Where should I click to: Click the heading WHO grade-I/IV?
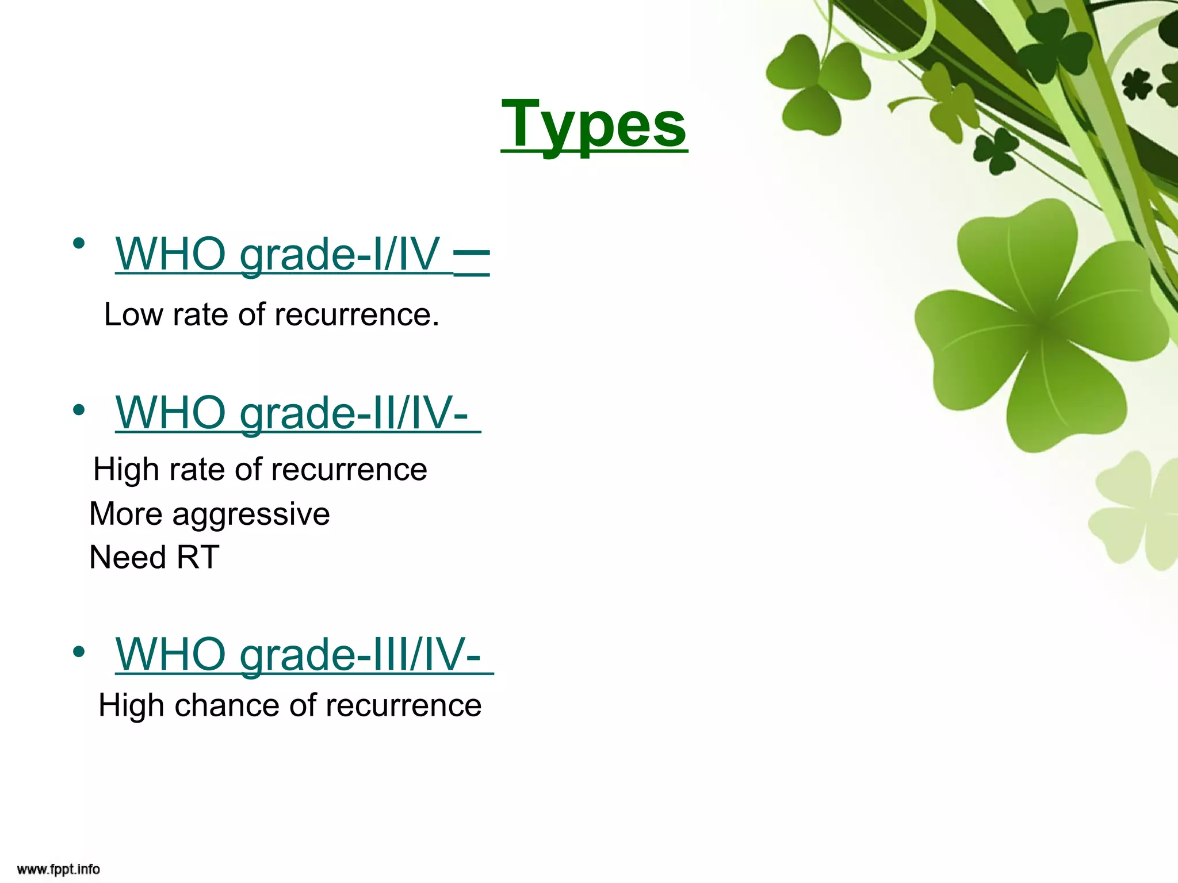[277, 254]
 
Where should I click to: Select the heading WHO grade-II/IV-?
[292, 412]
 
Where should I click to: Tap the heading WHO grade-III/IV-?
[298, 654]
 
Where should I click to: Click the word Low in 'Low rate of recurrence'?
[133, 314]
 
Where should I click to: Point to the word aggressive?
[251, 513]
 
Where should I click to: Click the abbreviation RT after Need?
[198, 557]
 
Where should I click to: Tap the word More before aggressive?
[125, 513]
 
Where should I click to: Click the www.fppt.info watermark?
[58, 869]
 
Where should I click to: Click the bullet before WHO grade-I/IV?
[79, 244]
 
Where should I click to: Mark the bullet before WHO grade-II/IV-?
[79, 410]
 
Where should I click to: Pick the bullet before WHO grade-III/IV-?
[79, 652]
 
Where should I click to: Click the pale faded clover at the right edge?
[1136, 512]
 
